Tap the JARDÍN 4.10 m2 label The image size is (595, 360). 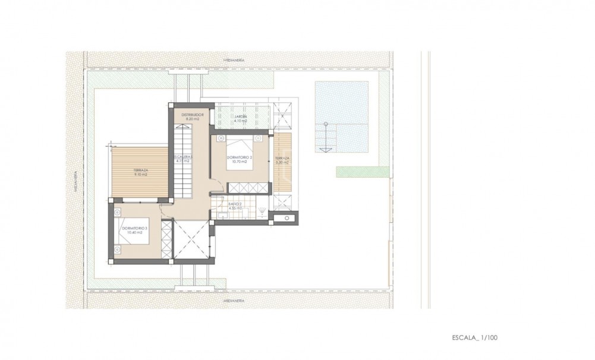pyautogui.click(x=240, y=118)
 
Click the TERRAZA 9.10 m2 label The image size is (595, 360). pyautogui.click(x=140, y=172)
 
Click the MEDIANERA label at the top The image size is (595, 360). pyautogui.click(x=234, y=61)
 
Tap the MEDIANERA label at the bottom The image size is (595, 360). pyautogui.click(x=234, y=301)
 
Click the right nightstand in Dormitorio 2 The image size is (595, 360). pyautogui.click(x=260, y=138)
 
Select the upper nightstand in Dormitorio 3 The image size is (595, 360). pyautogui.click(x=116, y=210)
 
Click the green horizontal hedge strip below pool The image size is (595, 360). pyautogui.click(x=363, y=172)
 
